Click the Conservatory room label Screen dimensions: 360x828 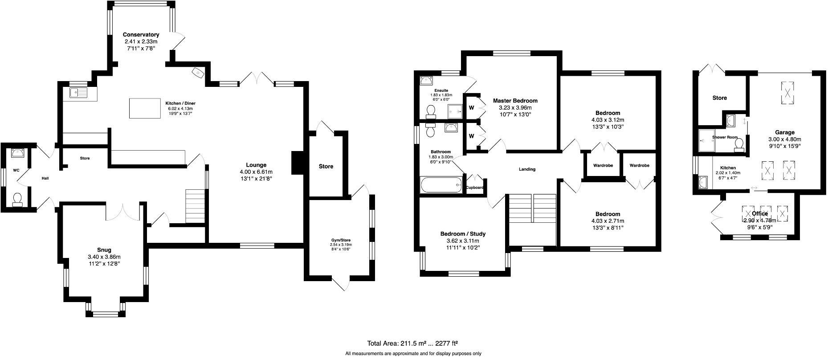pos(141,35)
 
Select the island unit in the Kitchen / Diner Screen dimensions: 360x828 pos(145,108)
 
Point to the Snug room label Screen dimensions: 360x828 pos(104,250)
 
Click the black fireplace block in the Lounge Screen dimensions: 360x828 pos(297,163)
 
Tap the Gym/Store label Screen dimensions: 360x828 pos(341,240)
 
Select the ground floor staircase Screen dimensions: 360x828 pos(195,206)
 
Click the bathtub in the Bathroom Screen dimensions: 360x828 pos(441,184)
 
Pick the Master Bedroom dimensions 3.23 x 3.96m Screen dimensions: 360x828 pos(515,107)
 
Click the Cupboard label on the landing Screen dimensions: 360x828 pos(475,188)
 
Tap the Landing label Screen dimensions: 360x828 pos(527,169)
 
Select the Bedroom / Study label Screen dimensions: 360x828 pos(463,234)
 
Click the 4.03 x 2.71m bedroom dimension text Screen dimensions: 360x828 pos(608,221)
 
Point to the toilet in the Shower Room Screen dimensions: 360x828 pos(739,144)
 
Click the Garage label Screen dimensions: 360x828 pos(785,132)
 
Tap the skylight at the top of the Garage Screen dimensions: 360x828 pos(788,94)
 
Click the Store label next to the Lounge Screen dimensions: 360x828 pos(326,167)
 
